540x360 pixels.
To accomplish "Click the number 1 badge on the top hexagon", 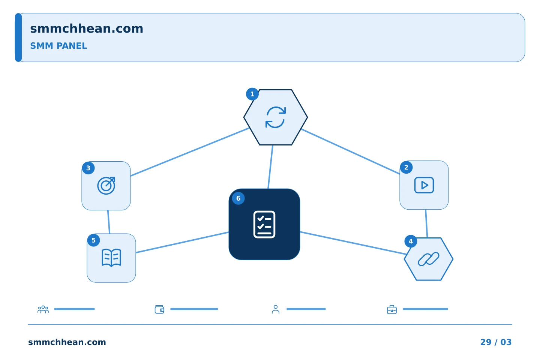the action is click(x=252, y=94).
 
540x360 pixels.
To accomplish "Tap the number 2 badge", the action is click(x=406, y=167).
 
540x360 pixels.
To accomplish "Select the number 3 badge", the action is click(x=88, y=168).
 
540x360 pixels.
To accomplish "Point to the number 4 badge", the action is click(x=411, y=241).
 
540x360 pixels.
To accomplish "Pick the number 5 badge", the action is click(x=93, y=240).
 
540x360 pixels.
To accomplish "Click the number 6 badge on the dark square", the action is click(x=238, y=198).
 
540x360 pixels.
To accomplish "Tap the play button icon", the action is click(x=424, y=185).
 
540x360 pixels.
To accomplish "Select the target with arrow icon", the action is click(x=106, y=186).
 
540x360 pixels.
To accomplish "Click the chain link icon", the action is click(x=428, y=259).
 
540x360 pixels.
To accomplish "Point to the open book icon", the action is click(x=111, y=258).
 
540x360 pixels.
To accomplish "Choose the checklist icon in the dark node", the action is click(x=264, y=225).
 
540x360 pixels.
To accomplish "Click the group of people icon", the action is click(x=43, y=309).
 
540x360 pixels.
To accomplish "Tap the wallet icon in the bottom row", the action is click(x=159, y=309).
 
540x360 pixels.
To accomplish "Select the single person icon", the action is click(x=276, y=309).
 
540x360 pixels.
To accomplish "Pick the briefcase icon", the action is click(x=392, y=310).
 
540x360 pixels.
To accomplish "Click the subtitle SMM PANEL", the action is click(x=58, y=46).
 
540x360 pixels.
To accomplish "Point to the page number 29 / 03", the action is click(x=496, y=342).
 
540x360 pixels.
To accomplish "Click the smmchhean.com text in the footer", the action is click(x=67, y=342).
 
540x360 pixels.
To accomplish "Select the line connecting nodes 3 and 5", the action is click(x=109, y=222).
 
